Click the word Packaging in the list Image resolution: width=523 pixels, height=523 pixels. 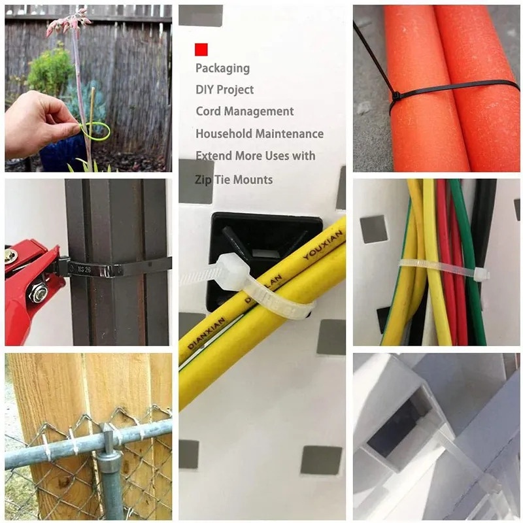222,68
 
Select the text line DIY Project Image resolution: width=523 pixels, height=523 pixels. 224,90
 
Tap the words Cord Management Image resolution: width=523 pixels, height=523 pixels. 245,111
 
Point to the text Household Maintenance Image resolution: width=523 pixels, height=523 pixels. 259,133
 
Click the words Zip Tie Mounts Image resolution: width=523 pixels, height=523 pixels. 234,179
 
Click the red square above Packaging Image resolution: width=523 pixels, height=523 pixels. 201,49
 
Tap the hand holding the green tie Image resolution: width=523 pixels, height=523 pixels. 39,122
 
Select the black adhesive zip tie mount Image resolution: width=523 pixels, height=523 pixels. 261,242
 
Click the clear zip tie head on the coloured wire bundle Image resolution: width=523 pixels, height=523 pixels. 481,273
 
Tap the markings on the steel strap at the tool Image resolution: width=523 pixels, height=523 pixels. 84,267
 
